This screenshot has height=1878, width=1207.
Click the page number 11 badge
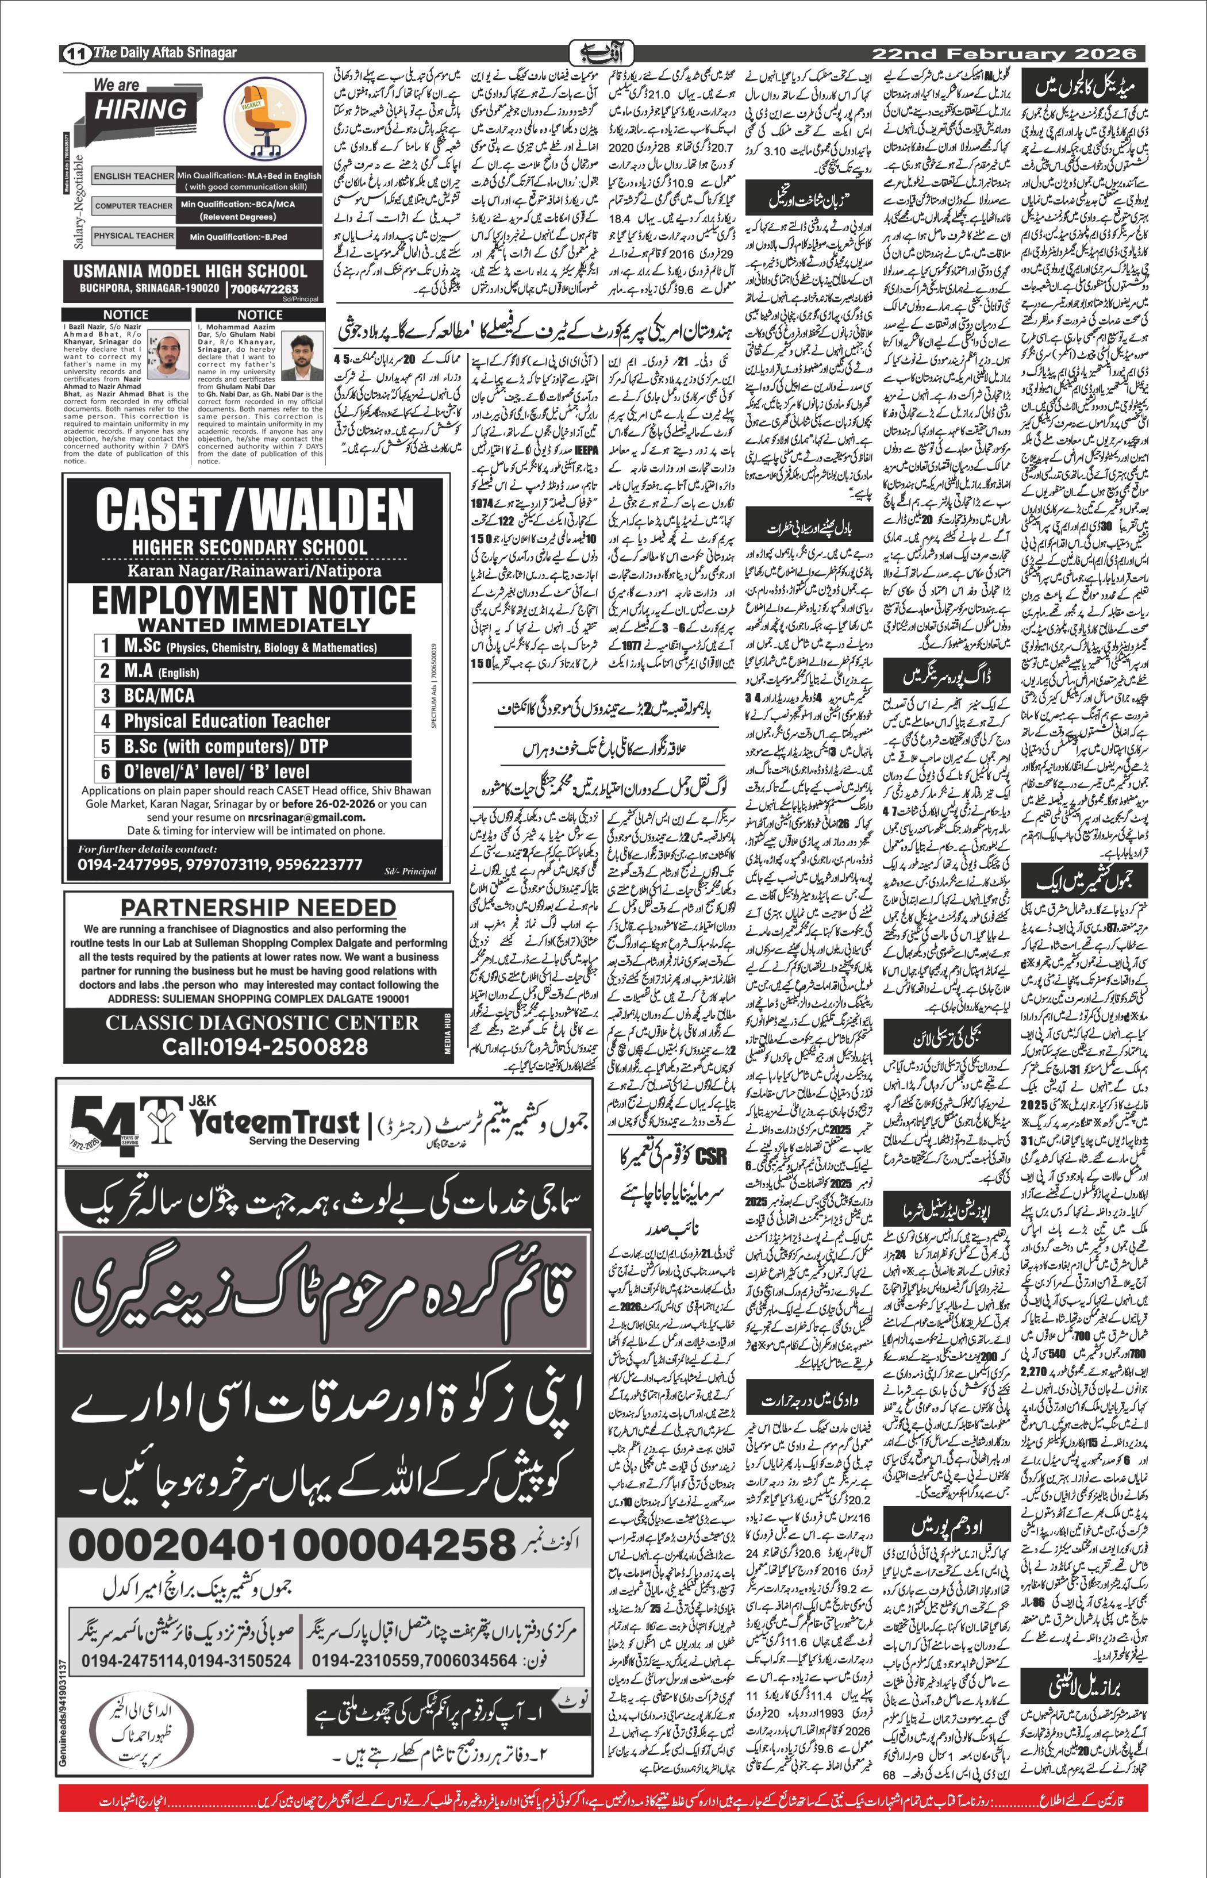tap(75, 54)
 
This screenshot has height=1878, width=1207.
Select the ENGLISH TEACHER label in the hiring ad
tap(133, 176)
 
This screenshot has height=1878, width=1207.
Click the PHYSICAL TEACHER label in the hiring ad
tap(133, 235)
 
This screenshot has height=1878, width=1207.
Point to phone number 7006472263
tap(264, 289)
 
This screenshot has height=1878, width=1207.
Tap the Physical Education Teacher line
tap(226, 720)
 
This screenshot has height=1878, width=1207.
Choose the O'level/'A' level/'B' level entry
tap(216, 771)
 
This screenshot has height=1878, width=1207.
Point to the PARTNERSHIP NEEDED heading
tap(258, 907)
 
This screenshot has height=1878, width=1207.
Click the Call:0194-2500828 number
tap(265, 1046)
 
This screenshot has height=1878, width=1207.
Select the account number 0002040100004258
tap(291, 1543)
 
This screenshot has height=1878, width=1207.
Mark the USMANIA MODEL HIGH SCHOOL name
tap(190, 271)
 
